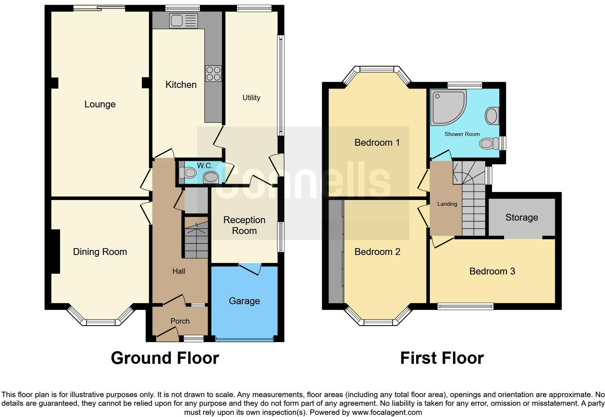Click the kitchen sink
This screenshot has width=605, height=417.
[x=184, y=21]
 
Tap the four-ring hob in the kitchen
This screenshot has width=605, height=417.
[x=213, y=73]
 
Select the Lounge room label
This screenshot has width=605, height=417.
[x=100, y=104]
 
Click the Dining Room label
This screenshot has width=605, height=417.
[x=100, y=252]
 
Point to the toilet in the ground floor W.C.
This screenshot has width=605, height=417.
[x=188, y=173]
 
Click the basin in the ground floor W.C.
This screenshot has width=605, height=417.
[x=211, y=178]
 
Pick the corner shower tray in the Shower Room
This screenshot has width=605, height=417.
[x=448, y=107]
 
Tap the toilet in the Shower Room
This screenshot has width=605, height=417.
[x=489, y=143]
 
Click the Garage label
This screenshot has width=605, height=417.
[x=244, y=301]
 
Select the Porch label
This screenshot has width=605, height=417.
[x=180, y=321]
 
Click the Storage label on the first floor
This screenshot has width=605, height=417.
[x=521, y=218]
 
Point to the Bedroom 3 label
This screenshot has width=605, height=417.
[x=492, y=271]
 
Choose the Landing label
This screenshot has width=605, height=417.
[x=447, y=204]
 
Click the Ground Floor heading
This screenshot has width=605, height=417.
[x=165, y=358]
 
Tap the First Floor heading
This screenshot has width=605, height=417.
[x=442, y=358]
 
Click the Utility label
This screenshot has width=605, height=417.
[x=251, y=97]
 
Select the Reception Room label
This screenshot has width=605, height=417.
[x=244, y=225]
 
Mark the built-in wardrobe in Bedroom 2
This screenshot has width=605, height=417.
[x=336, y=251]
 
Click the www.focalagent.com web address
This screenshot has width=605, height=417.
[x=387, y=412]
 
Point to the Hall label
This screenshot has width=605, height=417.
[x=179, y=271]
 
